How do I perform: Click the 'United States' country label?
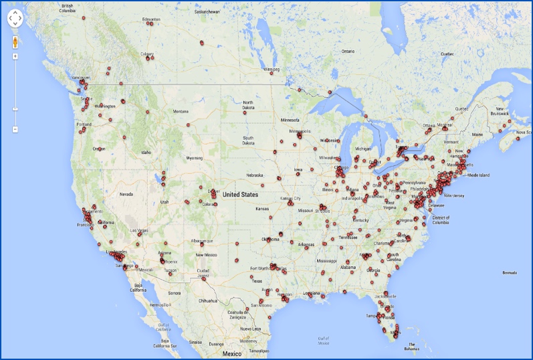[240, 195]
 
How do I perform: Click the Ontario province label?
[348, 51]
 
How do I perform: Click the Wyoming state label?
[194, 158]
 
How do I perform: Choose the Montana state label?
[180, 111]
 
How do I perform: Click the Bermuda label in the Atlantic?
[510, 272]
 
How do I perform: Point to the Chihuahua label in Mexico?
[209, 300]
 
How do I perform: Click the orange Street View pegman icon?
[15, 41]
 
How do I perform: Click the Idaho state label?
[146, 152]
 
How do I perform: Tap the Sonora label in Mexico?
[175, 292]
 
